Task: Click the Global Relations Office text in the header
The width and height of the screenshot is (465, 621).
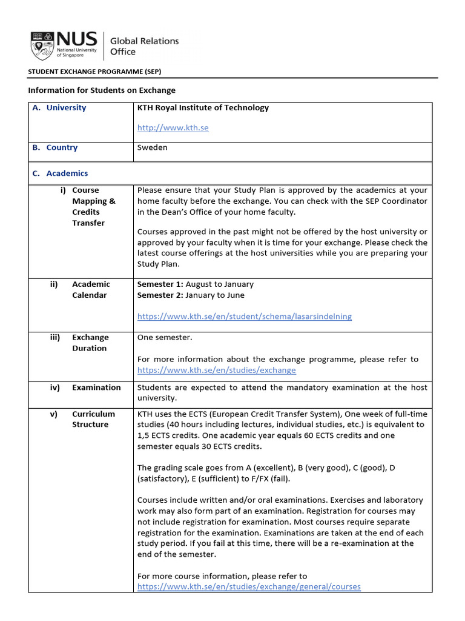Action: click(144, 46)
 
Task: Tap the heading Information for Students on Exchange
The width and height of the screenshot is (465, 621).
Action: click(102, 90)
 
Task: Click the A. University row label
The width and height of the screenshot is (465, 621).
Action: click(59, 108)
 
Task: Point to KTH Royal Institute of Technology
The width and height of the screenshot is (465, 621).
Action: click(203, 108)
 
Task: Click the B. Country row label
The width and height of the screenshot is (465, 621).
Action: click(55, 147)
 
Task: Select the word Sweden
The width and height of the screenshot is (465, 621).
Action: click(153, 147)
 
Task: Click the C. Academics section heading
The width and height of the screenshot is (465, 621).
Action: click(60, 173)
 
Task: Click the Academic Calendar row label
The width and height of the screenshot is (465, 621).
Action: click(90, 289)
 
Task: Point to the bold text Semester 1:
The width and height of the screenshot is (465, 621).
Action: click(160, 284)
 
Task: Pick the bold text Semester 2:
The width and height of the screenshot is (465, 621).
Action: click(160, 295)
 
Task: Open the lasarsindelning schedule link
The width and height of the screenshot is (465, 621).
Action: click(244, 316)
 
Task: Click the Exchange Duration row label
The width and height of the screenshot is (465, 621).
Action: click(90, 343)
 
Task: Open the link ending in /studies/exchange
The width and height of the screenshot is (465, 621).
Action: click(216, 370)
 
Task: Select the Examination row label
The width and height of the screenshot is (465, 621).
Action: click(96, 388)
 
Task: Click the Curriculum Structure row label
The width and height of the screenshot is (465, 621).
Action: click(93, 419)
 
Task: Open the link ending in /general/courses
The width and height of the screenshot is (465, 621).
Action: click(249, 586)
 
